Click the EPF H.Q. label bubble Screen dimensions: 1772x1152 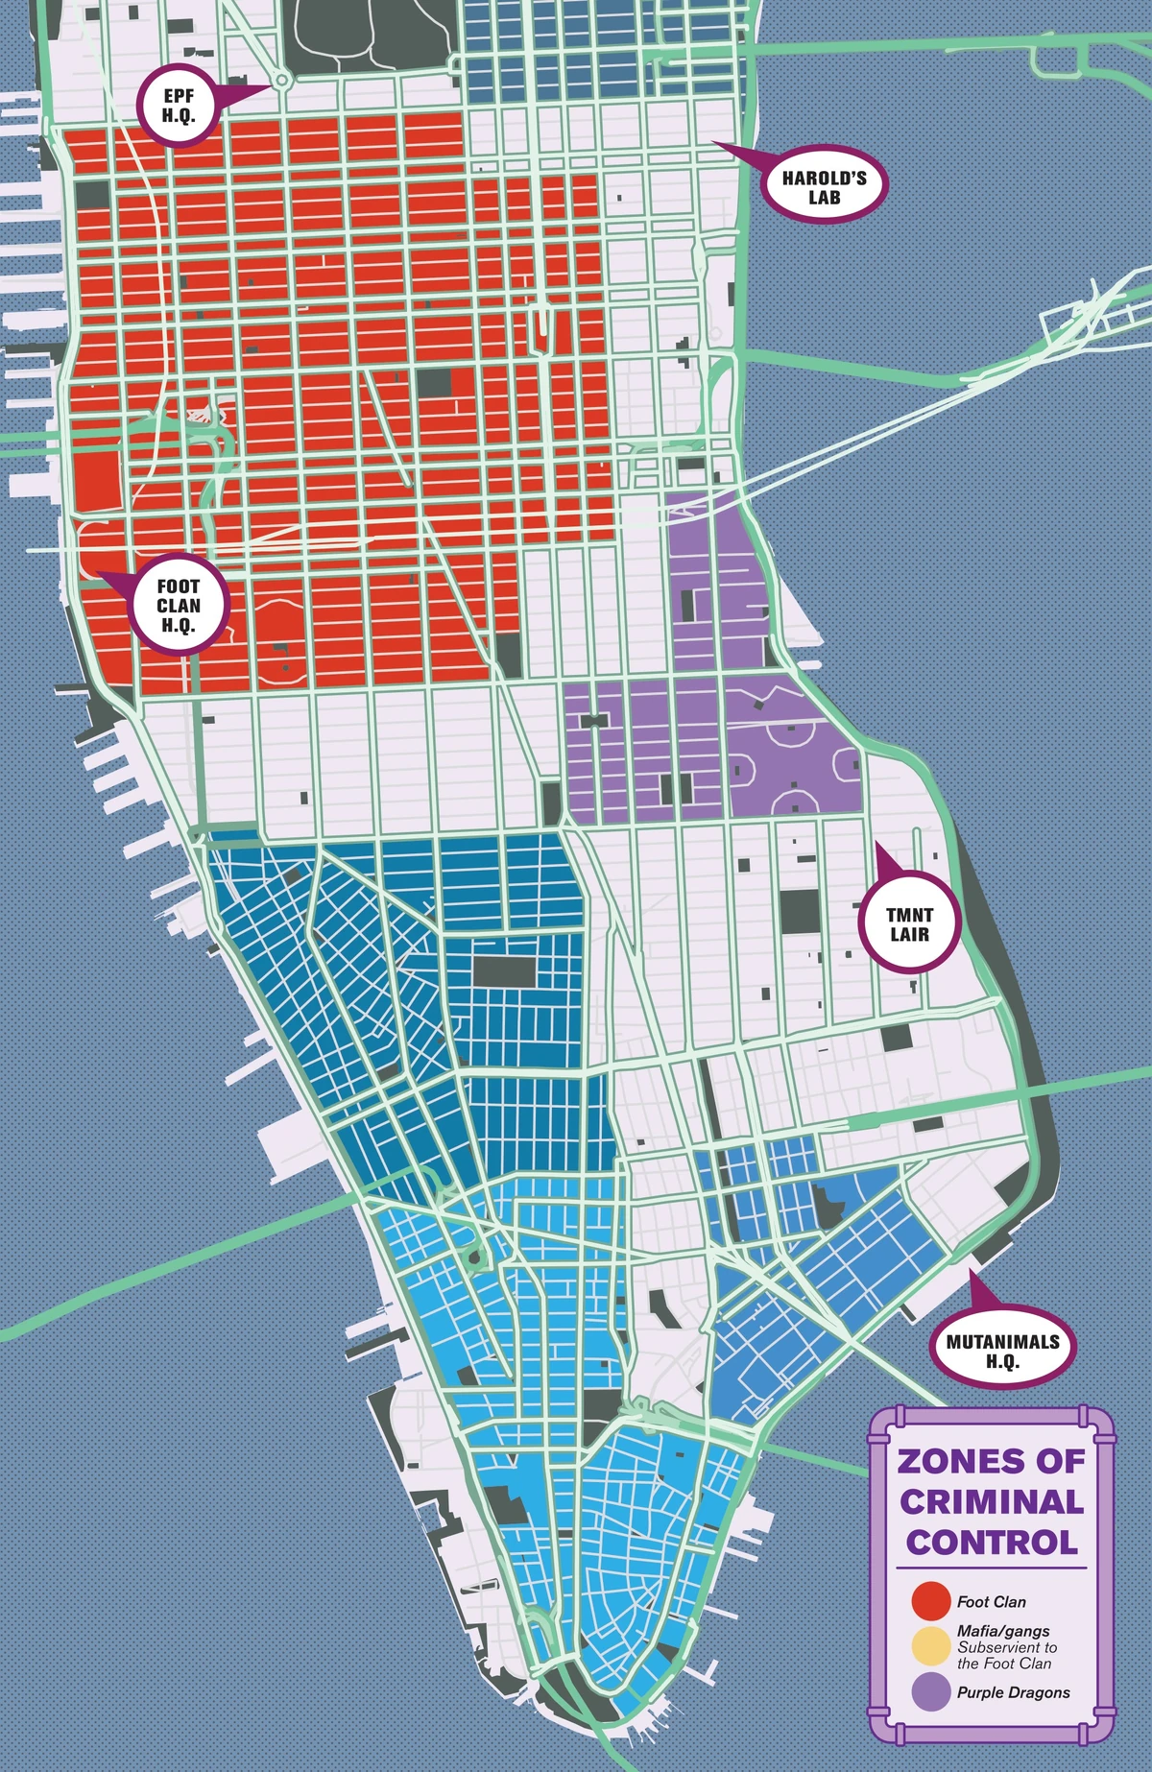point(179,107)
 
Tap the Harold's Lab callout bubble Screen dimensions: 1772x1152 point(824,187)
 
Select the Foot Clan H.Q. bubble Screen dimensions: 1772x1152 point(179,606)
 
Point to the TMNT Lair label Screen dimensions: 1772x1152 point(909,924)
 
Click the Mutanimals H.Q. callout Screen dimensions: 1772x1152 point(1002,1352)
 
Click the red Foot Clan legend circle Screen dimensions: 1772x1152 point(930,1601)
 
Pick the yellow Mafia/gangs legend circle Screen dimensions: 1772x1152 point(930,1646)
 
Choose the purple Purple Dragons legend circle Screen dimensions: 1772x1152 point(930,1691)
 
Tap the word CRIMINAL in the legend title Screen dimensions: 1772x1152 point(992,1501)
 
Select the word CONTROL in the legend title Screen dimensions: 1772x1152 point(992,1543)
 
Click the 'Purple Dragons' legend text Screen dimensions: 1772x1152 point(1013,1692)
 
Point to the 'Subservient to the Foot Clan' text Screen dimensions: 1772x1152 point(1006,1655)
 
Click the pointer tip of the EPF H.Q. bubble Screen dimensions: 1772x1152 point(270,86)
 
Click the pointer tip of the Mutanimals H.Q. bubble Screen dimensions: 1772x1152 point(971,1271)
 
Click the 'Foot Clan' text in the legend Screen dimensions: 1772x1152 point(991,1602)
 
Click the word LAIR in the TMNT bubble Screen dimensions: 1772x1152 point(909,935)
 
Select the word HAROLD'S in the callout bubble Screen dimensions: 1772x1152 point(824,178)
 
